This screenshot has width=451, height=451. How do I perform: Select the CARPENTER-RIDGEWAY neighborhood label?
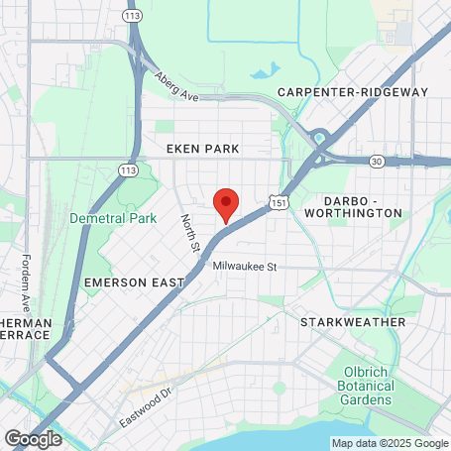pos(352,92)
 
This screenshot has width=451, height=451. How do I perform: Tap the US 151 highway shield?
pos(278,202)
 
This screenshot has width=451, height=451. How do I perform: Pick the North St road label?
pos(190,234)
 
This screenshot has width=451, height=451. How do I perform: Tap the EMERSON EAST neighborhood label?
pos(135,282)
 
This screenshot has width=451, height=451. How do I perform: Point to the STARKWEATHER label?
pos(353,322)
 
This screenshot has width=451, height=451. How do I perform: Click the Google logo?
pos(33,437)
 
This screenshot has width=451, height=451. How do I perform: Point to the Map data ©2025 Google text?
pos(390,443)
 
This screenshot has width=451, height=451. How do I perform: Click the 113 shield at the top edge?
pos(132,16)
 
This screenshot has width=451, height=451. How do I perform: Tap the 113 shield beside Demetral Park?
pos(128,169)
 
